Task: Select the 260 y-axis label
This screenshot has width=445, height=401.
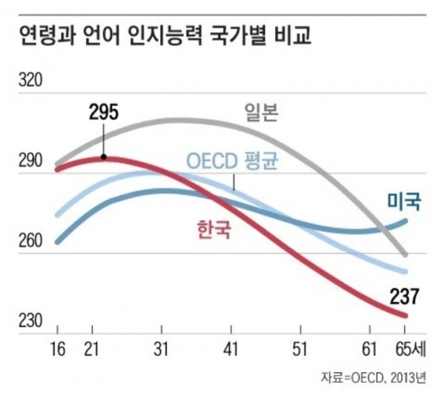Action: pos(33,242)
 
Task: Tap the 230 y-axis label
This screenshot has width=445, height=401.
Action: pos(33,322)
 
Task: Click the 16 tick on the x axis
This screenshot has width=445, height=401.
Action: pos(57,347)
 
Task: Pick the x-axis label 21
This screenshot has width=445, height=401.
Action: pos(91,347)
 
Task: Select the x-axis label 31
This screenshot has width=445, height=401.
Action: pos(162,347)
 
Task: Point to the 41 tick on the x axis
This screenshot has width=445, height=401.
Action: pos(231,347)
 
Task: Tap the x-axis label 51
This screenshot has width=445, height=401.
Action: pos(300,347)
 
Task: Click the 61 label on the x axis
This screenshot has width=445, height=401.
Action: pos(370,347)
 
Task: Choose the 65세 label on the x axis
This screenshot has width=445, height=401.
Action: pos(410,347)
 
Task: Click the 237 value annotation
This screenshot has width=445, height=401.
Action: pos(405,297)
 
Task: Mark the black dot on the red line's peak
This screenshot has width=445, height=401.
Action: pos(104,157)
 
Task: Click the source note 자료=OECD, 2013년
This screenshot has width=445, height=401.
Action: pos(374,377)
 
